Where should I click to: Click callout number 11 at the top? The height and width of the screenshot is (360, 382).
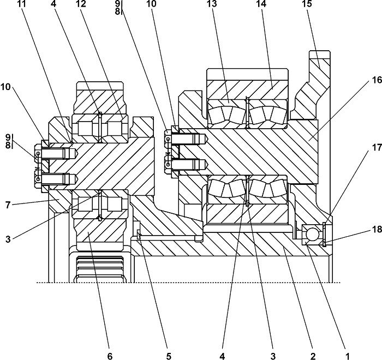[x=22, y=4]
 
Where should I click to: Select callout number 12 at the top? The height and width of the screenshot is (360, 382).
[x=81, y=4]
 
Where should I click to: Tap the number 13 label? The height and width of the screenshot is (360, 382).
[x=211, y=4]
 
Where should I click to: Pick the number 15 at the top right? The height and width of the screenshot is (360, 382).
[x=307, y=4]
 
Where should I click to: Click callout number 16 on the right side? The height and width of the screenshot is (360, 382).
[x=377, y=80]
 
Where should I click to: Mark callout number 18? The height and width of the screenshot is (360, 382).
[x=377, y=229]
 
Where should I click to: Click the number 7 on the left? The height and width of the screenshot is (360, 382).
[x=8, y=205]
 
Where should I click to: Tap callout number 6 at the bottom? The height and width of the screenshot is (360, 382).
[x=110, y=356]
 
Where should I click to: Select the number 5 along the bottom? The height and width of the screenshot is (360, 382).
[x=169, y=356]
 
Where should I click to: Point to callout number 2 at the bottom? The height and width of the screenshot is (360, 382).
[x=313, y=356]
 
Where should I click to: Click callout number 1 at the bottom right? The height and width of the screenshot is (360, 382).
[x=347, y=356]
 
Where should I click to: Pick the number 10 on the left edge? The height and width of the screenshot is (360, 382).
[x=5, y=87]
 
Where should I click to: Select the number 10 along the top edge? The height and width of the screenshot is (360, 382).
[x=151, y=4]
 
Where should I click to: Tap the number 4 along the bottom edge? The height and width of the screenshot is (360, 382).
[x=222, y=356]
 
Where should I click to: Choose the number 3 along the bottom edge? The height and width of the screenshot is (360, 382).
[x=273, y=356]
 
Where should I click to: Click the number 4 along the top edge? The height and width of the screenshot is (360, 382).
[x=53, y=4]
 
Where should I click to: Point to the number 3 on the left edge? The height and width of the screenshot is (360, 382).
[x=8, y=239]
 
